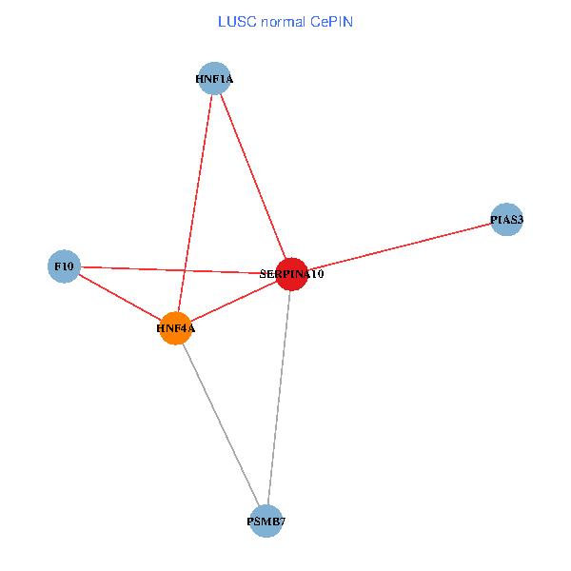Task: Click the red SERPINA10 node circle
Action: coord(291,273)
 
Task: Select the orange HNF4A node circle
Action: coord(175,328)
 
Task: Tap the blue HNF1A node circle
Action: coord(215,79)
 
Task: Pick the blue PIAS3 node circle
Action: coord(506,220)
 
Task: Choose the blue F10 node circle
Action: coord(64,266)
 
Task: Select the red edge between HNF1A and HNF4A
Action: coord(196,200)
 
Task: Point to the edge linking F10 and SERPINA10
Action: coord(171,269)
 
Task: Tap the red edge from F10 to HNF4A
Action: coord(119,297)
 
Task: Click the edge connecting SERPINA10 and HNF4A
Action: coord(233,301)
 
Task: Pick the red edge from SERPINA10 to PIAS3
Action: coord(400,246)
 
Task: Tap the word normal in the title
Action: coord(280,21)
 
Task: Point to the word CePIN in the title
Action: coord(331,21)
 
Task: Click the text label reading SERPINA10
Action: coord(292,274)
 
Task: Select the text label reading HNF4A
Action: coord(175,329)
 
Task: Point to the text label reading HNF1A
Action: coord(214,80)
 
